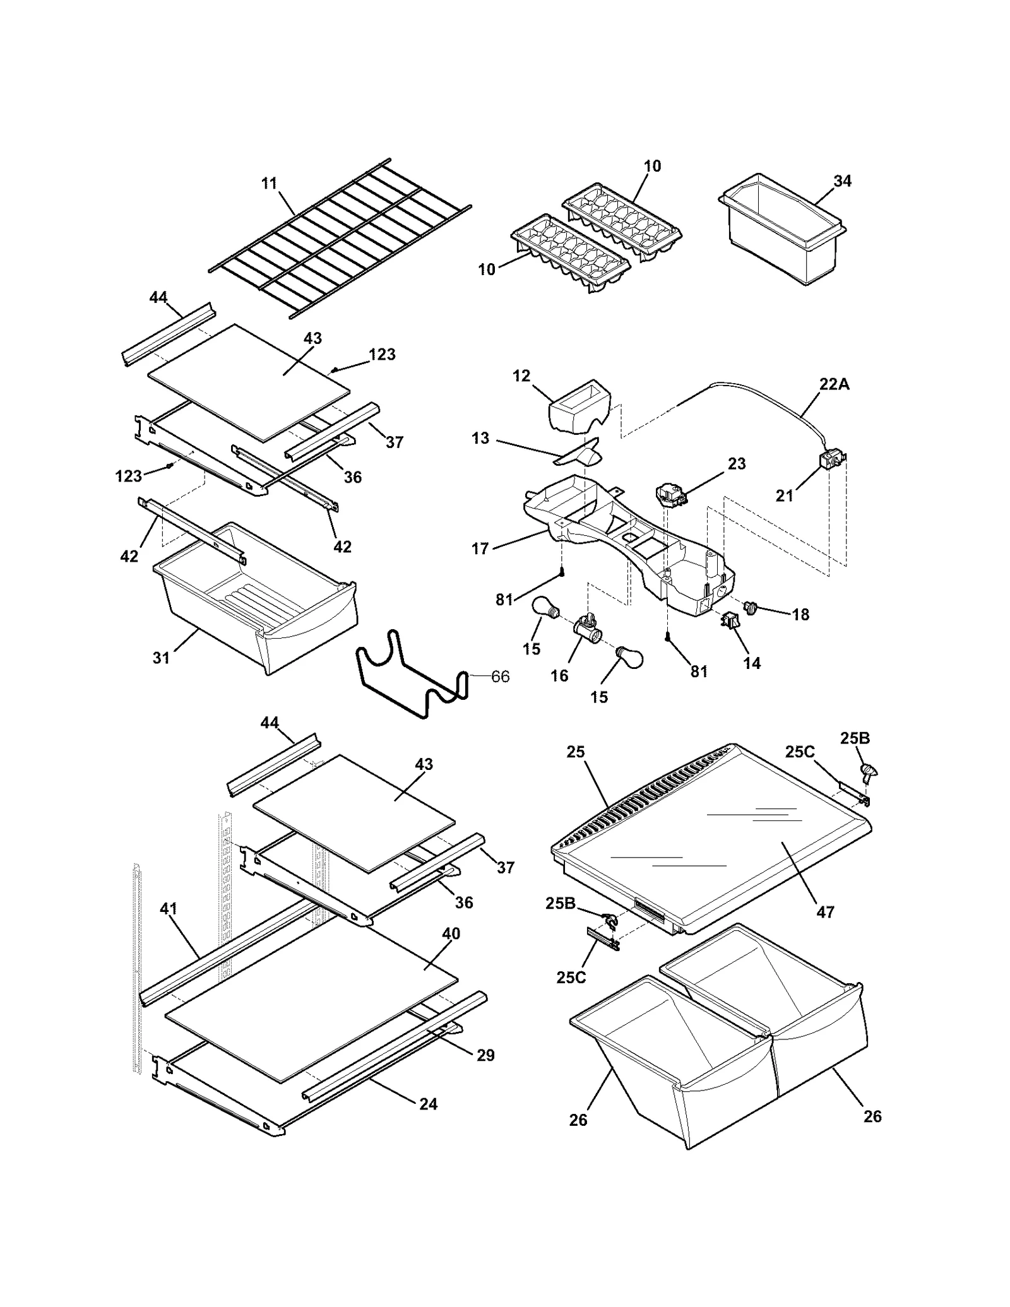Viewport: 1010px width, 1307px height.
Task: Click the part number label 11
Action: click(269, 184)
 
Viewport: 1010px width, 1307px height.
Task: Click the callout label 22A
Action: click(834, 384)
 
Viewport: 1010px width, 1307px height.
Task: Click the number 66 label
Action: click(500, 677)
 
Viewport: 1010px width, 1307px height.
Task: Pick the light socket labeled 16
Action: click(585, 627)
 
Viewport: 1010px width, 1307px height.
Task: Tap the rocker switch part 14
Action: click(730, 622)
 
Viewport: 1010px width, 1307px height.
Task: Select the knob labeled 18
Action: click(751, 607)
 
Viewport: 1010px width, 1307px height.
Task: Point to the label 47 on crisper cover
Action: click(825, 911)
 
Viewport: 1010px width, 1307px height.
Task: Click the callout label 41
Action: click(169, 909)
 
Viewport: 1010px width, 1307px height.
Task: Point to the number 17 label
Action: click(480, 548)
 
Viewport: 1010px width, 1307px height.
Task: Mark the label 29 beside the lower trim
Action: click(485, 1055)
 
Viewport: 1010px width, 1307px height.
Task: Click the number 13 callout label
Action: click(480, 438)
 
